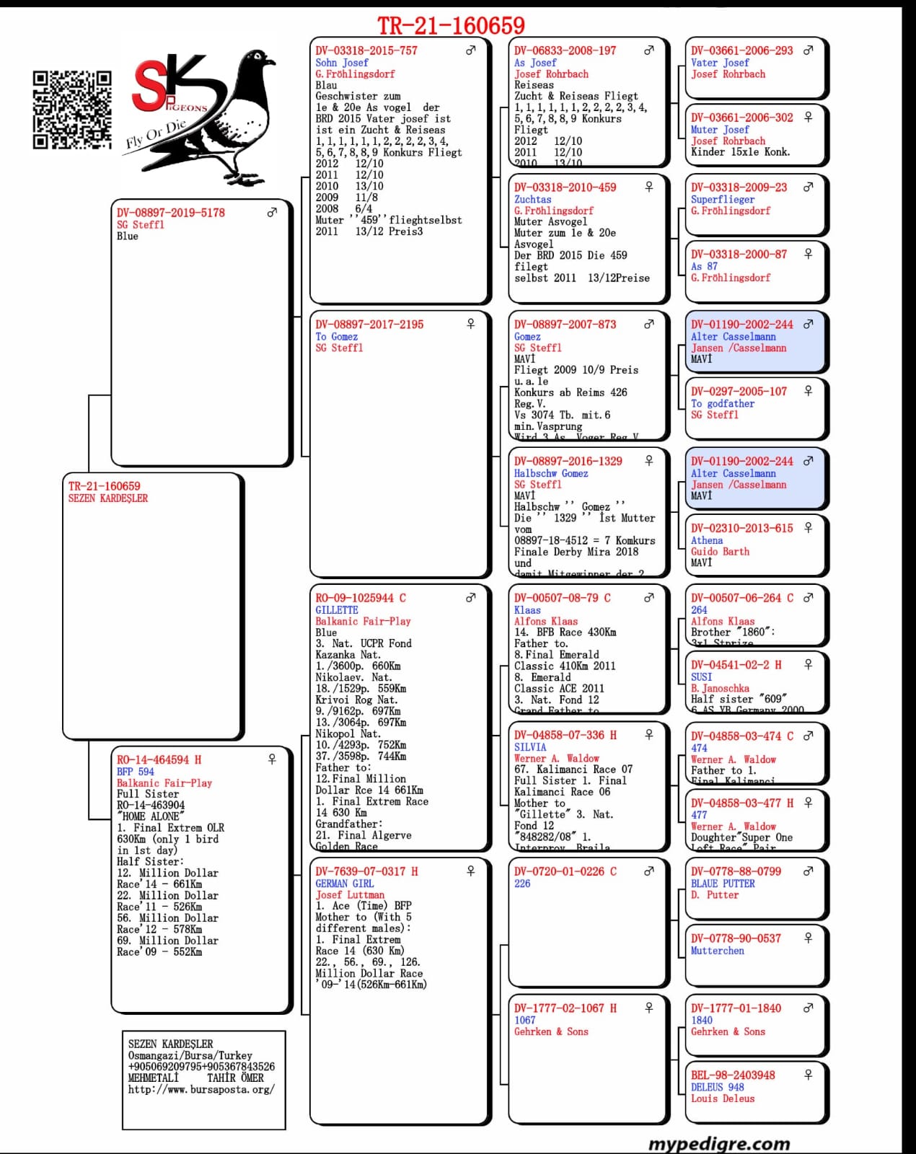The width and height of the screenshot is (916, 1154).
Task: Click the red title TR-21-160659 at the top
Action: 451,26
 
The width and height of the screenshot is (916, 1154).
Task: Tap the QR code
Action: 72,110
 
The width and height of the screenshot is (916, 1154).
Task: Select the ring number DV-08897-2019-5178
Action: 171,213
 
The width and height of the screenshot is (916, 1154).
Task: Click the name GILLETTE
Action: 337,609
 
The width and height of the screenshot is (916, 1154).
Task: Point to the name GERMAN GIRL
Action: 344,884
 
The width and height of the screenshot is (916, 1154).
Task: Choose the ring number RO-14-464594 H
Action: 159,759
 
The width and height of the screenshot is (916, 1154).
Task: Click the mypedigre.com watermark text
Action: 719,1143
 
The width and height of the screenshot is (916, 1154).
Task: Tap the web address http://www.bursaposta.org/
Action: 201,1089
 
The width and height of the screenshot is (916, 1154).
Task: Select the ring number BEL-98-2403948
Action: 733,1075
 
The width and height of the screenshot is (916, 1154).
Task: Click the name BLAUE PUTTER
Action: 723,884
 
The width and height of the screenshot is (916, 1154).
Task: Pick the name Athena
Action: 707,540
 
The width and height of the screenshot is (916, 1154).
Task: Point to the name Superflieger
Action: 723,199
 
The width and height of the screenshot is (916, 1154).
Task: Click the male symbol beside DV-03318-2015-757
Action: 470,50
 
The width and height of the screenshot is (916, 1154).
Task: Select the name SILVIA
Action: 530,747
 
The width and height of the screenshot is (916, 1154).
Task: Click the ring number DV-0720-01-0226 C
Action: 565,871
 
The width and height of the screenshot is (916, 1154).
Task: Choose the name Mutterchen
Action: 718,951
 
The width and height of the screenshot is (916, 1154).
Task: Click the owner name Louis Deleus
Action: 723,1098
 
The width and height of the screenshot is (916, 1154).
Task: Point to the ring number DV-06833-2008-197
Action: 565,50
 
